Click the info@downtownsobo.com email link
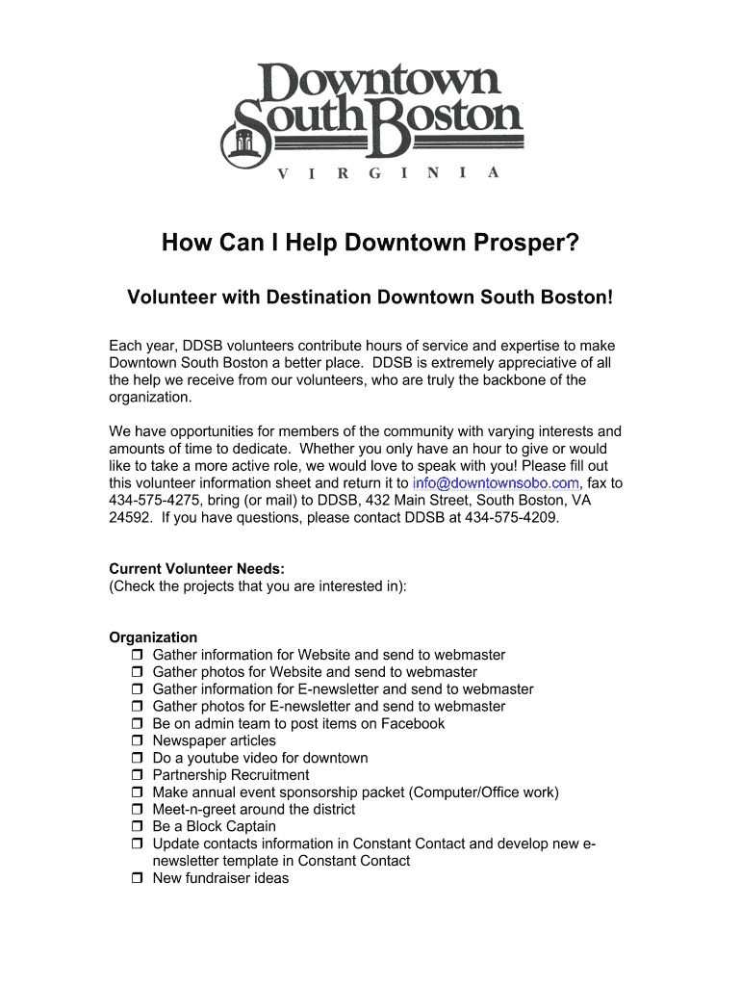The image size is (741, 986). click(x=495, y=483)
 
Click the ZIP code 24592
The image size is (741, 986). click(x=130, y=518)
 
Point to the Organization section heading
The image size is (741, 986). click(x=153, y=637)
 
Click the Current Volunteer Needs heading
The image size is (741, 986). click(x=196, y=569)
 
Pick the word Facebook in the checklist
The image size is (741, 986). click(x=413, y=724)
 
